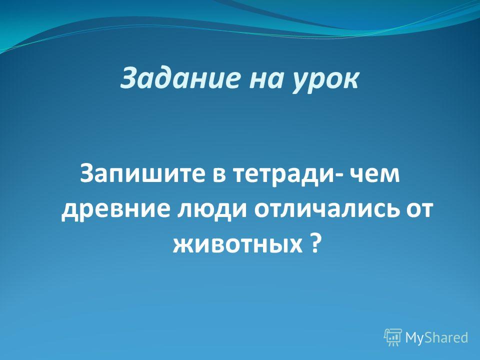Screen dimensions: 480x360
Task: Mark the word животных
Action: click(x=237, y=245)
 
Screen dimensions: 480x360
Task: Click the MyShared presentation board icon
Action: click(x=393, y=337)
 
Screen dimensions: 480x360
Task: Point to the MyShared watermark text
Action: click(x=437, y=337)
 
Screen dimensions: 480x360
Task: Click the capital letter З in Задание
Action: click(x=128, y=78)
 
